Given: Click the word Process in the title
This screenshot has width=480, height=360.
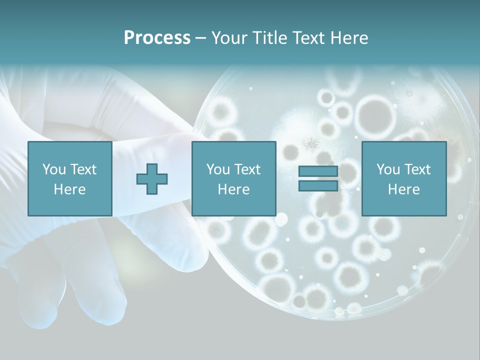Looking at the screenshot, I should pyautogui.click(x=157, y=38).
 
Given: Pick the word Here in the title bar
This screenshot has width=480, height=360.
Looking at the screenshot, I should pyautogui.click(x=350, y=38).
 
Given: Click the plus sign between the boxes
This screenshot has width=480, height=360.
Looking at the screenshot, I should pyautogui.click(x=152, y=179).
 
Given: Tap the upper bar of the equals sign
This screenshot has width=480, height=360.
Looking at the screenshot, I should pyautogui.click(x=318, y=171).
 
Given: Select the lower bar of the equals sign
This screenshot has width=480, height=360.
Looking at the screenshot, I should pyautogui.click(x=318, y=185).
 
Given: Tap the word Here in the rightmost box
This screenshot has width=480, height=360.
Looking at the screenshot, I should pyautogui.click(x=403, y=189).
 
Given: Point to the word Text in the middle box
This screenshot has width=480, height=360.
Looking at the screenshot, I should pyautogui.click(x=247, y=169).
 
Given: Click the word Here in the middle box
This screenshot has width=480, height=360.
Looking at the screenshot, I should pyautogui.click(x=233, y=189).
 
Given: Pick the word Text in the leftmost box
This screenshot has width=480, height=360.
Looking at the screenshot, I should pyautogui.click(x=83, y=169).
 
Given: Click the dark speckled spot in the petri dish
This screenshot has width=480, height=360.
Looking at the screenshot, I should pyautogui.click(x=312, y=144).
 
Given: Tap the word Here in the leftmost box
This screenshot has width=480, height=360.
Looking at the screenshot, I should pyautogui.click(x=69, y=189).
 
